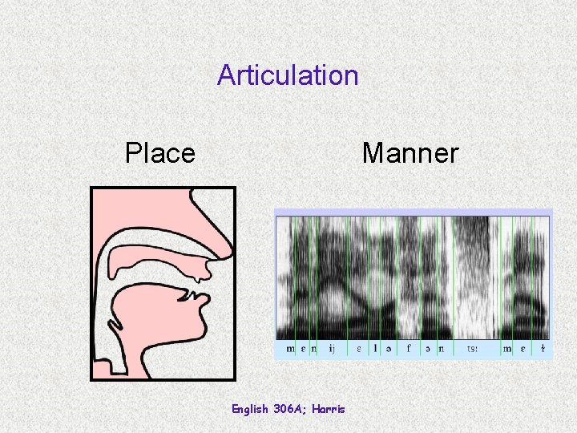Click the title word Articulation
(288, 75)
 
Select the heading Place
(160, 152)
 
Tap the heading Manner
(410, 152)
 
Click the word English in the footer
(250, 409)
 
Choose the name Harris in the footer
(329, 409)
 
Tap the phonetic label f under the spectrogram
(409, 349)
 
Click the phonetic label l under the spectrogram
(375, 349)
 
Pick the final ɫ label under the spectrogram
(543, 349)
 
